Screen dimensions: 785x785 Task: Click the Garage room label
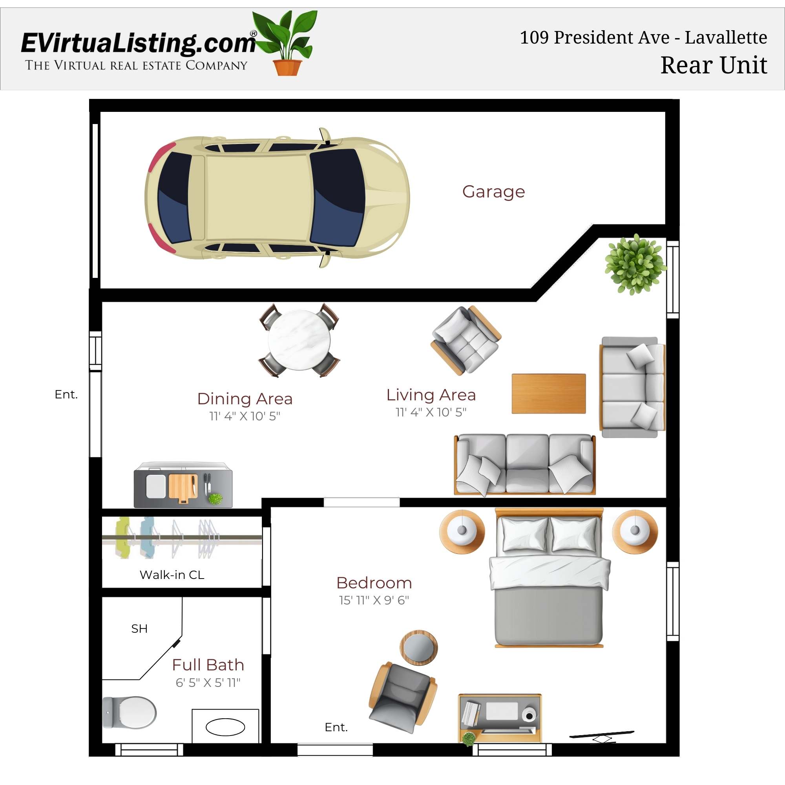point(493,192)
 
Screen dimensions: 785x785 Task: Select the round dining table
point(299,340)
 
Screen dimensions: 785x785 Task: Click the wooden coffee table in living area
point(548,394)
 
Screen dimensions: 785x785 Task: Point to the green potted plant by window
point(634,264)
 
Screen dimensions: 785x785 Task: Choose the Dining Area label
point(245,399)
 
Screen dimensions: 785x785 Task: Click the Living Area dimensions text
point(431,412)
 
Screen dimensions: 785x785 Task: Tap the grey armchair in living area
point(466,340)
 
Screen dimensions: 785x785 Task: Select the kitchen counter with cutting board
point(183,485)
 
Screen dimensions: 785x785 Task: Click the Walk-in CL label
point(172,575)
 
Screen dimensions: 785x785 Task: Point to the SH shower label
point(139,628)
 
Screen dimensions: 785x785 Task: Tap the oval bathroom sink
point(225,727)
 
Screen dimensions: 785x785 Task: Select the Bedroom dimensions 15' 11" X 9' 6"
point(374,600)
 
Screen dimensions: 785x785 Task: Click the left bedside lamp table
point(462,531)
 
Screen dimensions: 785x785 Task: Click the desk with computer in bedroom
point(500,717)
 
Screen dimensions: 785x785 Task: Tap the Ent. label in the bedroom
point(336,727)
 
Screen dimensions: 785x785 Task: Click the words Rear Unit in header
point(714,65)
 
